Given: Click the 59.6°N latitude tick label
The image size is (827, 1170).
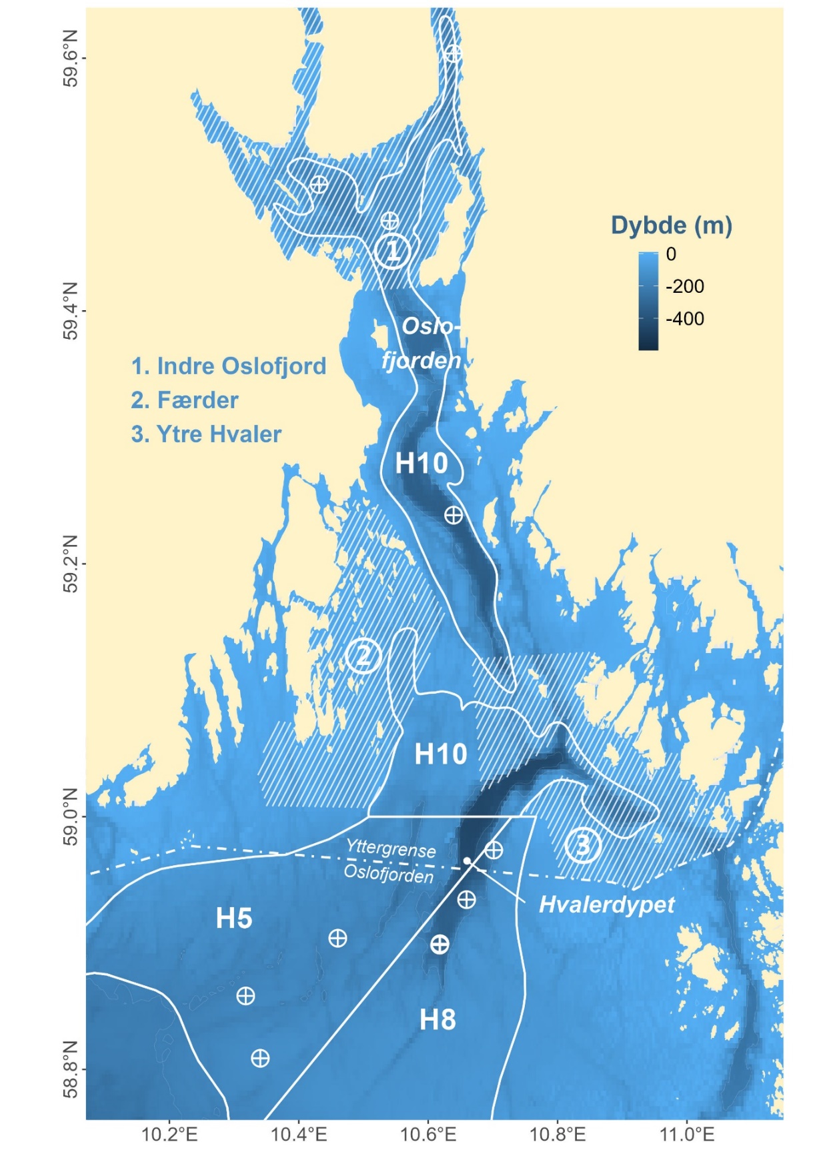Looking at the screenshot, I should pos(69,58).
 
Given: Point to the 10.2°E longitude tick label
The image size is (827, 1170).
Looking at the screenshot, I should pos(170,1134).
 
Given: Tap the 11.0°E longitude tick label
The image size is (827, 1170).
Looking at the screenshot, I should pos(687,1134).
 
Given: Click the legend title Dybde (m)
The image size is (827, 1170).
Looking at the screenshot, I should pos(672,225).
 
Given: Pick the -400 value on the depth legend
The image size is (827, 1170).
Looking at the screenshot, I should pos(684,319).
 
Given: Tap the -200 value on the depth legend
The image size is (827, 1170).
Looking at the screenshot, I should pos(684,286).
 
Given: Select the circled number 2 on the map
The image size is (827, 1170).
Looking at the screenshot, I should pos(363,656).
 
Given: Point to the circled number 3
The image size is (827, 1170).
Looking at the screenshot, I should pos(582,845).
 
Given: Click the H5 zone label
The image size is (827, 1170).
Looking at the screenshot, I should pos(234,919).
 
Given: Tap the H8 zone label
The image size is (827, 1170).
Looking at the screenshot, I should pos(438,1019).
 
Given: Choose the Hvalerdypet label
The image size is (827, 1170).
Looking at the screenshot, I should pos(606,905).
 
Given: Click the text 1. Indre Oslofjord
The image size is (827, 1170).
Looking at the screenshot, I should pos(229,366).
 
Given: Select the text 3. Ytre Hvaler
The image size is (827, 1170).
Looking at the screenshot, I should pos(206,434).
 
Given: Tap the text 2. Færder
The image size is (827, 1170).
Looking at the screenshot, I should pos(185,400).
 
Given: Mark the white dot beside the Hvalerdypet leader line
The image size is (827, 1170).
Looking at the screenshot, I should pos(468,860).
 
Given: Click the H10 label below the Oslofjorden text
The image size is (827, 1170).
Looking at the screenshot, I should pos(421,463).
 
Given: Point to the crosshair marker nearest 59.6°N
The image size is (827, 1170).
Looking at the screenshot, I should pos(454,53).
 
